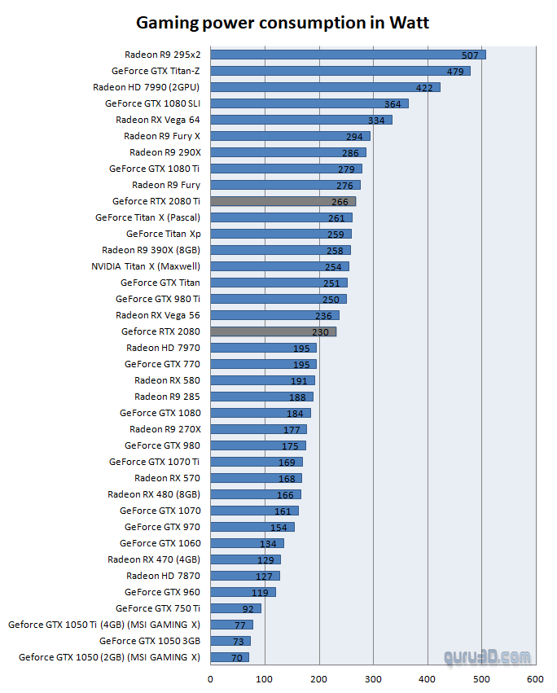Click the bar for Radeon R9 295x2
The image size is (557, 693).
coord(348,55)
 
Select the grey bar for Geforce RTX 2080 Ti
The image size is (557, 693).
coord(283,201)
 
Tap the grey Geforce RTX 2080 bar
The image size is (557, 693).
coord(273,331)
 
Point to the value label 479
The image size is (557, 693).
coord(454,72)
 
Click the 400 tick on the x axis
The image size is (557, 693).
coord(428,678)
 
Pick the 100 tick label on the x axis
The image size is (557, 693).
coord(265,678)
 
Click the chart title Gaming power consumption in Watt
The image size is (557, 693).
coord(282,22)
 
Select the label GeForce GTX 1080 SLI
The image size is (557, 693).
coord(152,103)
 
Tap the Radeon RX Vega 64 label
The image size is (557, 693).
coord(158,120)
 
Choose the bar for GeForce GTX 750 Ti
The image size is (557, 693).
coord(235,608)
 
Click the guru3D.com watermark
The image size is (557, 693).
coord(487,656)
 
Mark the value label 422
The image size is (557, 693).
coord(424,88)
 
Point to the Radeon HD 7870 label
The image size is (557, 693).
coord(163,576)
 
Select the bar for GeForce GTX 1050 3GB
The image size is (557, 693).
coord(230,641)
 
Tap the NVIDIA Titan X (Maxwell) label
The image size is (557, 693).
coord(146,266)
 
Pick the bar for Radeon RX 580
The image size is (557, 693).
coord(262,380)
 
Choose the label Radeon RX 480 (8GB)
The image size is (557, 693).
coord(154,494)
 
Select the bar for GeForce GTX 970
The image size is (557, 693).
coord(252,527)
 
